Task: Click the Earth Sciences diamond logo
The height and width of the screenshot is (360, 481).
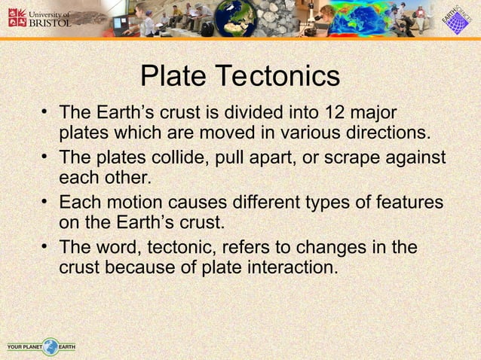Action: click(x=455, y=19)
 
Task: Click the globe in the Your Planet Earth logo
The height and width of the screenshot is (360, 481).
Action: click(x=51, y=347)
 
